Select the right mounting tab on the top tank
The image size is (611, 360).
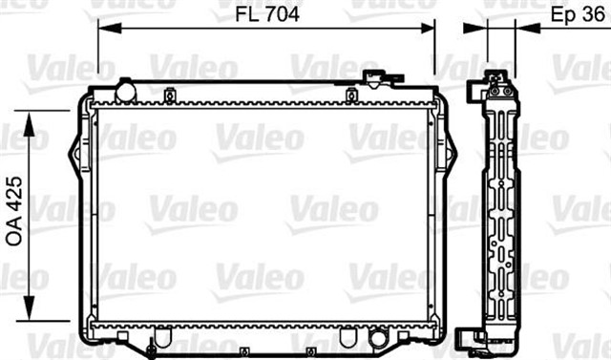click(351, 94)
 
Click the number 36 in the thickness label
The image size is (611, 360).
click(593, 15)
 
